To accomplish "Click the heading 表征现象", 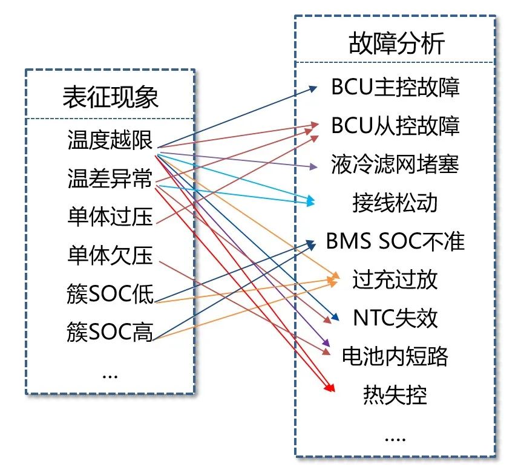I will pyautogui.click(x=111, y=97).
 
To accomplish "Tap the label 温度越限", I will pyautogui.click(x=111, y=142).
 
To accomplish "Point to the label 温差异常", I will pyautogui.click(x=111, y=179).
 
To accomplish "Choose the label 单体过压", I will pyautogui.click(x=111, y=217).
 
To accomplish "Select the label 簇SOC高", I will pyautogui.click(x=111, y=332).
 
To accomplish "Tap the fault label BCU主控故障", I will pyautogui.click(x=395, y=87).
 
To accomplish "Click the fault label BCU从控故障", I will pyautogui.click(x=395, y=126).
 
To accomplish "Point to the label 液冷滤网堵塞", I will pyautogui.click(x=395, y=164).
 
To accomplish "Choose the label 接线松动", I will pyautogui.click(x=395, y=203).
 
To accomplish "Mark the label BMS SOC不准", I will pyautogui.click(x=395, y=241).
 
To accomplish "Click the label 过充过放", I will pyautogui.click(x=395, y=279).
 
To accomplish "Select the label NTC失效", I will pyautogui.click(x=395, y=318).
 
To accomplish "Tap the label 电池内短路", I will pyautogui.click(x=395, y=356).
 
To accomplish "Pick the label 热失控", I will pyautogui.click(x=395, y=395).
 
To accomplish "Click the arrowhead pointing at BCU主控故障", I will pyautogui.click(x=313, y=88).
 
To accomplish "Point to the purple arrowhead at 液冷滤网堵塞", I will pyautogui.click(x=313, y=166).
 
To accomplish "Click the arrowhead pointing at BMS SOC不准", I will pyautogui.click(x=312, y=243).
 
